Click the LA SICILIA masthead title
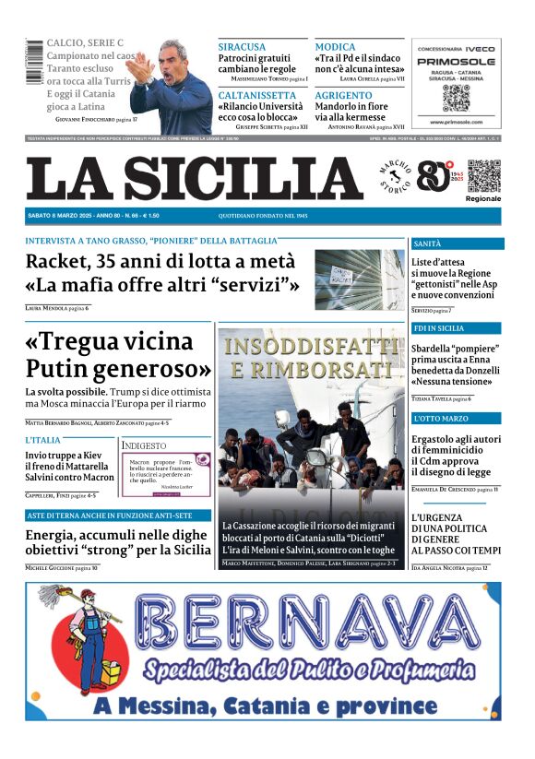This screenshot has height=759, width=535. tap(195, 177)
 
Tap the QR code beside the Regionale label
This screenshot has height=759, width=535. tap(483, 175)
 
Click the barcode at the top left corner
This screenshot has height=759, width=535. tap(35, 63)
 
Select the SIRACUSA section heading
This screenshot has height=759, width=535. tap(242, 46)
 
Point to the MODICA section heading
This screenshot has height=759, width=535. tap(335, 46)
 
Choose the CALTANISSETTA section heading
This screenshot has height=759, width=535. tap(256, 95)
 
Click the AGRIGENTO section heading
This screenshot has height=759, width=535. tap(343, 95)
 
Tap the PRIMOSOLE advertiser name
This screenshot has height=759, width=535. tap(456, 61)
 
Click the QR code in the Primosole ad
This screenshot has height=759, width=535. tap(456, 96)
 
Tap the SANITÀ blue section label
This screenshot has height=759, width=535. tap(428, 244)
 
